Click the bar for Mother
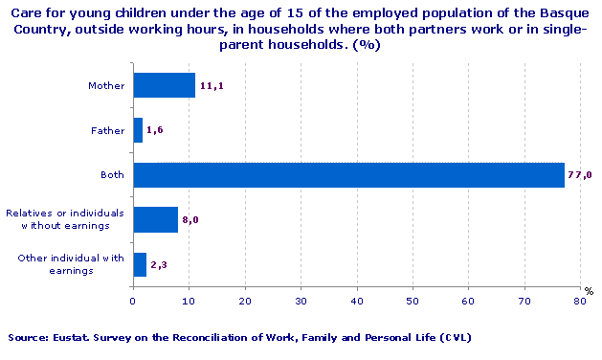coord(164,85)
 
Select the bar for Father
coord(138,130)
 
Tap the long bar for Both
coord(348,174)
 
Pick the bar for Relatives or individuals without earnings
coord(155,219)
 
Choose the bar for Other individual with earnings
coord(140,264)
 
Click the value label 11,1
coord(212,86)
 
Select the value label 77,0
coord(581,175)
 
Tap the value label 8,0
coord(190,220)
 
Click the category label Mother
coord(105,86)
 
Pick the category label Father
coord(107,131)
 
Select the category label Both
coord(112,175)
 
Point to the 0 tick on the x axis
coord(133,301)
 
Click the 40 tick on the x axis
coord(356,301)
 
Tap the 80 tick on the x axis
coord(579,301)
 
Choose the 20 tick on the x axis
coord(244,301)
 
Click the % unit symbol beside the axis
coord(590,291)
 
